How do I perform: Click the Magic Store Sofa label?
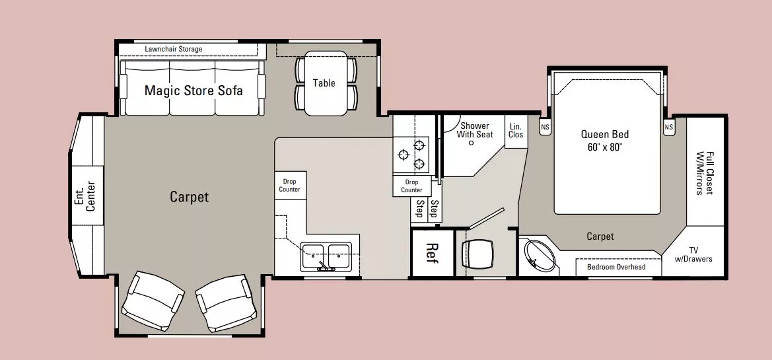(193, 91)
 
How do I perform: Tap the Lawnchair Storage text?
(173, 50)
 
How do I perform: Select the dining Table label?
(324, 83)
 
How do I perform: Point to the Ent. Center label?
(84, 196)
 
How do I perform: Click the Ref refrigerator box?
(433, 252)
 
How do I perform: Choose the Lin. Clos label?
(516, 130)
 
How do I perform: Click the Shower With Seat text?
(475, 130)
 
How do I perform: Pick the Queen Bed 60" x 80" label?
(605, 140)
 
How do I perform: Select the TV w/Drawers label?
(693, 254)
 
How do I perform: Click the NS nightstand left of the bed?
(545, 127)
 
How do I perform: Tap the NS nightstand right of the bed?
(668, 127)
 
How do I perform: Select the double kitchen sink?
(326, 256)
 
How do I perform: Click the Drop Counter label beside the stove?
(411, 186)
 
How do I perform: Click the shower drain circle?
(471, 143)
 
